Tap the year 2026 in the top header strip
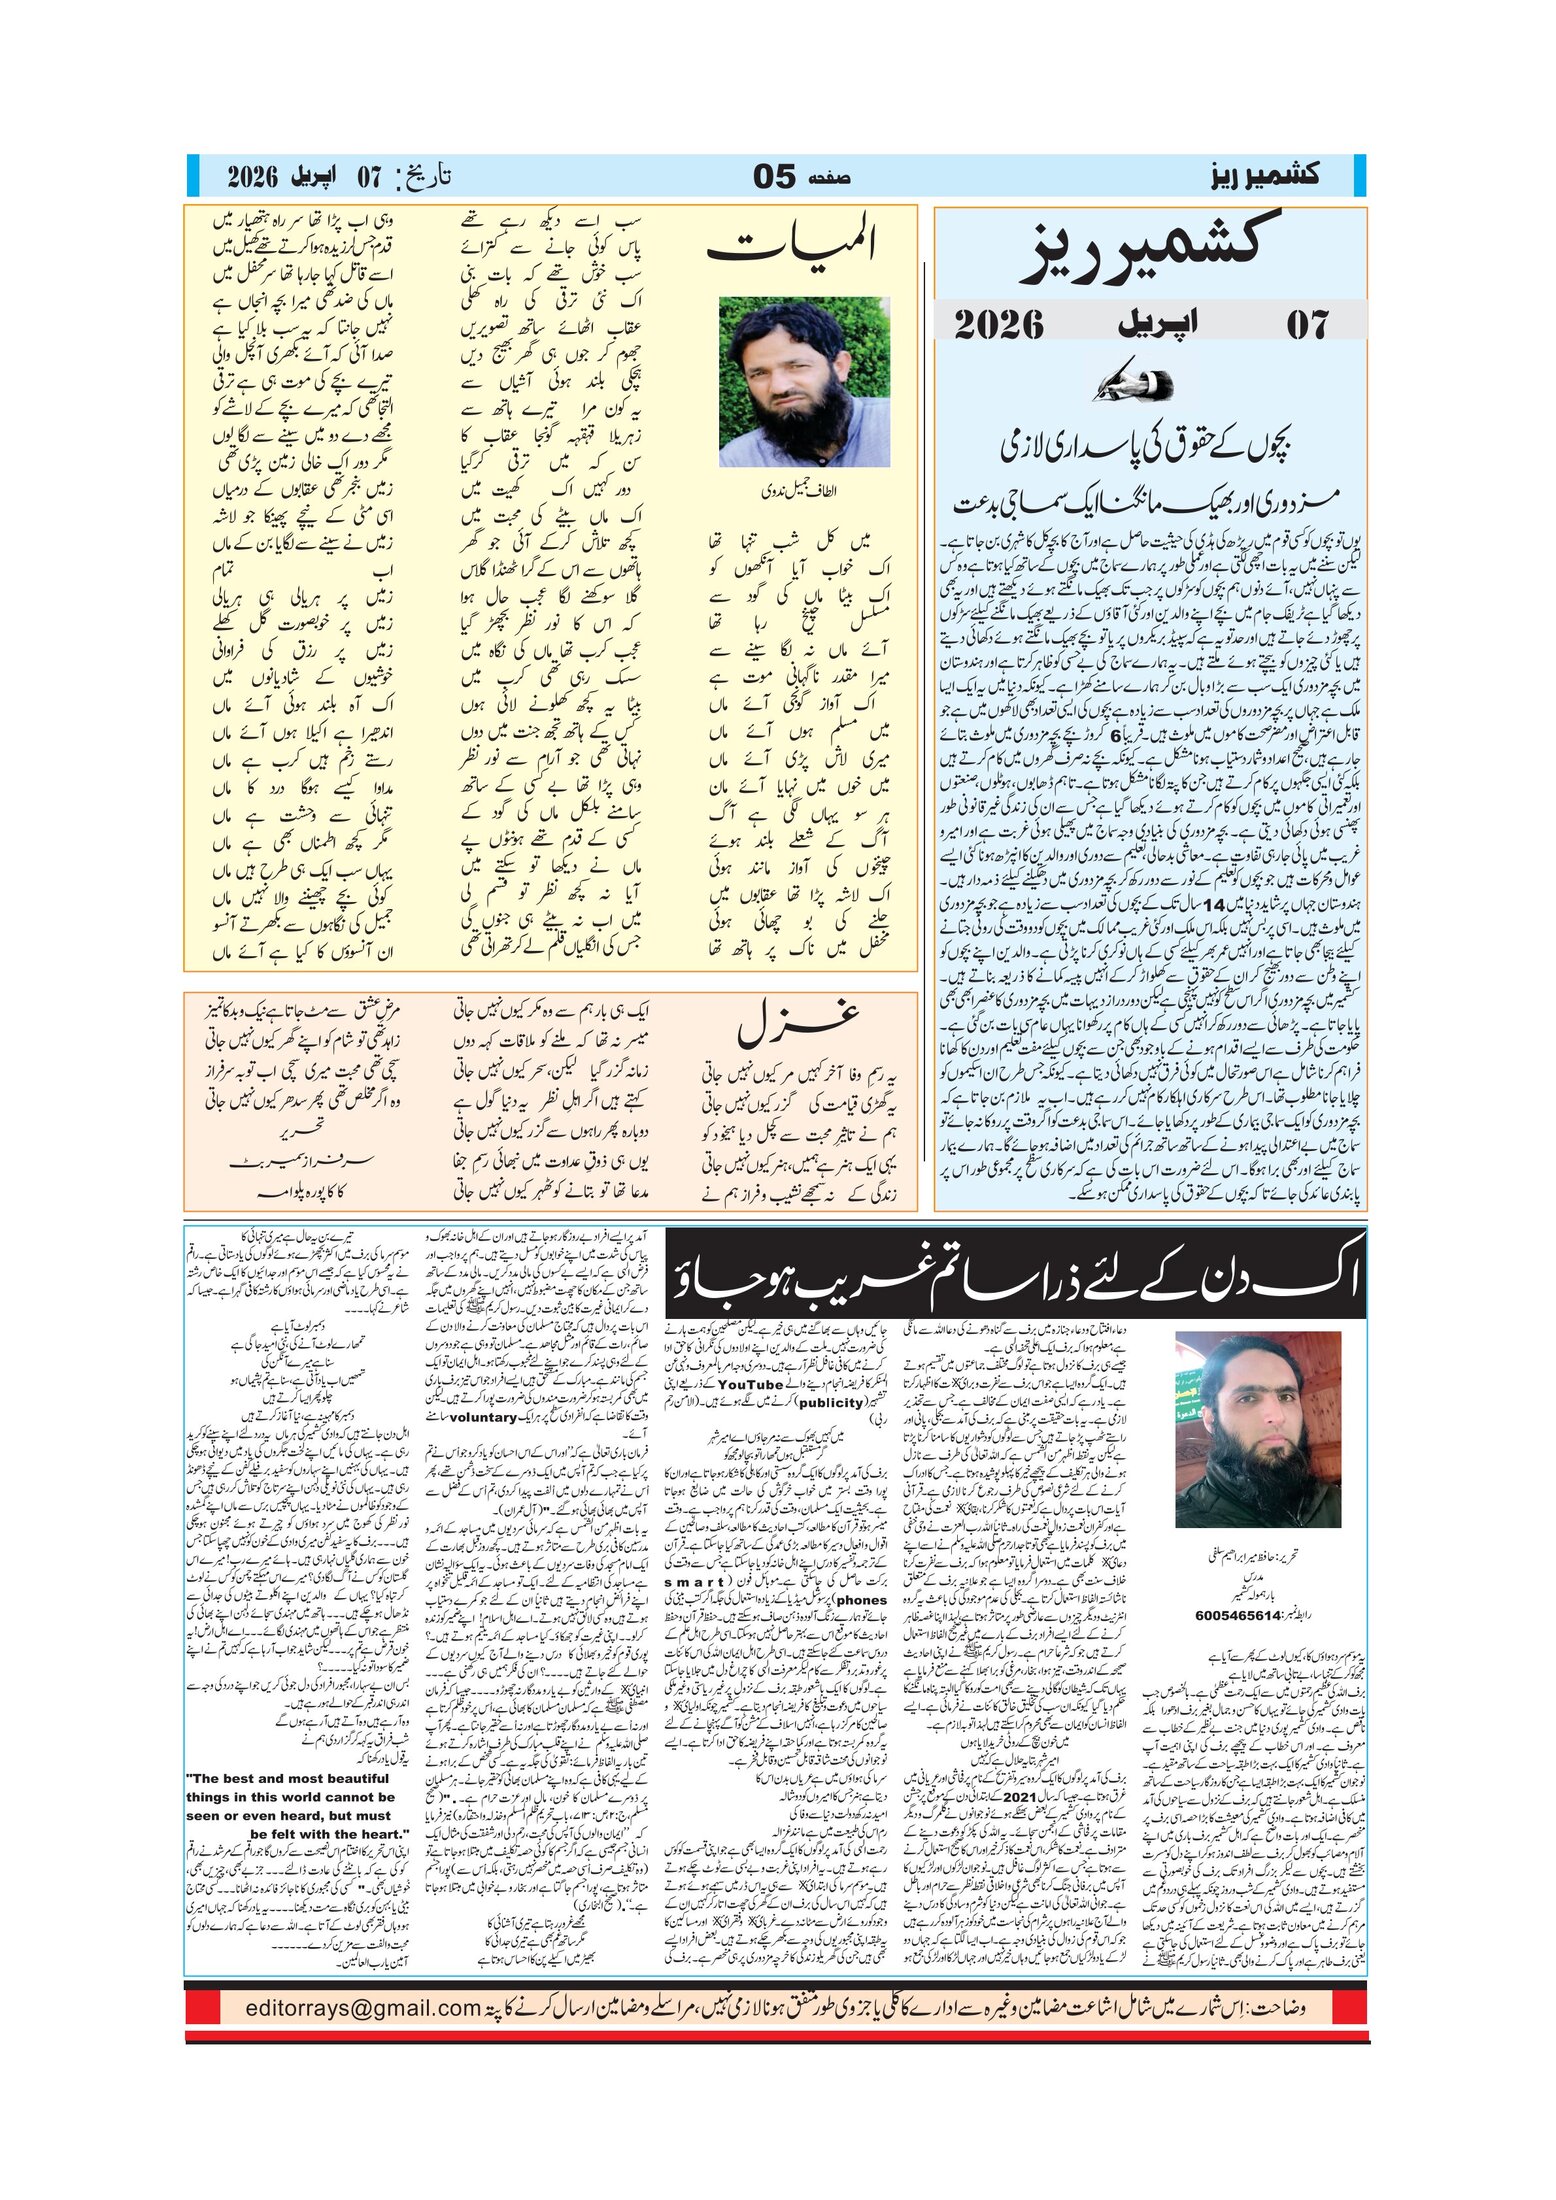pos(251,177)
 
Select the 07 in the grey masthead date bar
pos(1307,324)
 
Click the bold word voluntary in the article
pos(482,1417)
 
